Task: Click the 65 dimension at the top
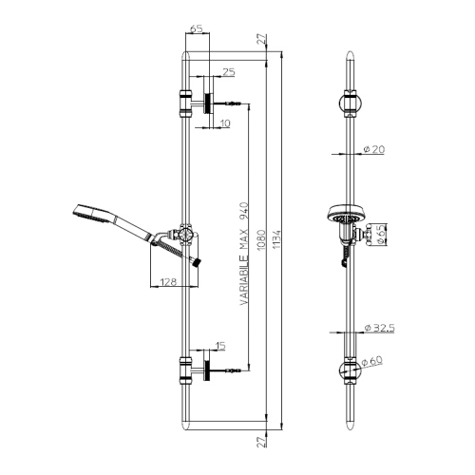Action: (x=197, y=29)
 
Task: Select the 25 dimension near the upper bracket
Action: (x=229, y=72)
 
